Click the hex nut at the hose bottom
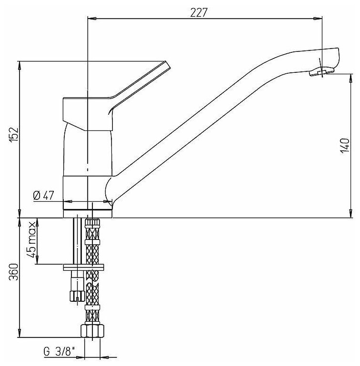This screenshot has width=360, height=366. [92, 330]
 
